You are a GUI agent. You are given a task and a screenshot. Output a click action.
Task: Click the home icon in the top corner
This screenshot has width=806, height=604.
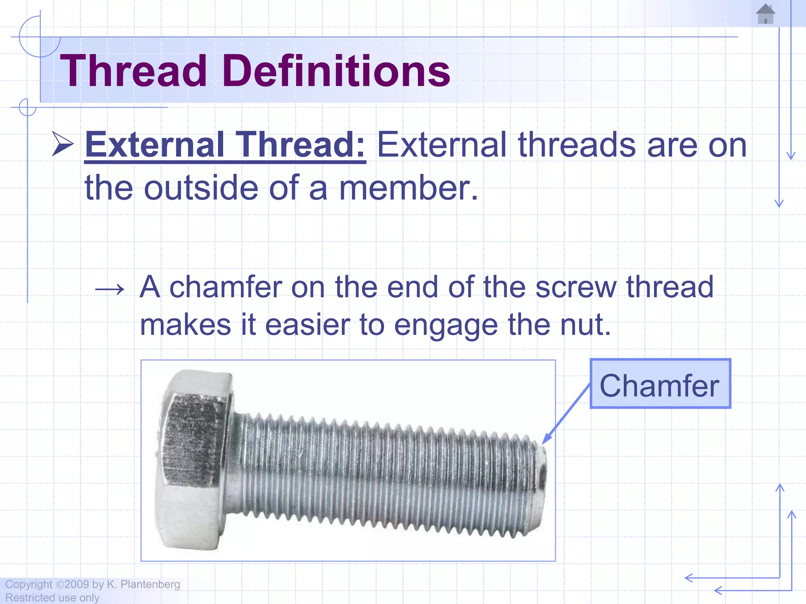pyautogui.click(x=765, y=14)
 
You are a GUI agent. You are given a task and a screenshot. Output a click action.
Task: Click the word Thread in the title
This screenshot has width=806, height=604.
pyautogui.click(x=133, y=71)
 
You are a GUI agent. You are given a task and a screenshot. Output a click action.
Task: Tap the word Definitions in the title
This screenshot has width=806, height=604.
pyautogui.click(x=336, y=71)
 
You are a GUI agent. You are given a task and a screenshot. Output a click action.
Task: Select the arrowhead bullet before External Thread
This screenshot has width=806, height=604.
pyautogui.click(x=63, y=144)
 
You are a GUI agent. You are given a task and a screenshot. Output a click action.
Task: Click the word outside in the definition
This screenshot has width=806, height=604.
pyautogui.click(x=201, y=188)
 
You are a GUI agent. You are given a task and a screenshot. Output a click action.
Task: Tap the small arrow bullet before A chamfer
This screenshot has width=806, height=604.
pyautogui.click(x=110, y=290)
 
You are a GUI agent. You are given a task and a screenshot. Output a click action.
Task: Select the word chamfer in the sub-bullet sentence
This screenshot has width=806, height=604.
pyautogui.click(x=226, y=287)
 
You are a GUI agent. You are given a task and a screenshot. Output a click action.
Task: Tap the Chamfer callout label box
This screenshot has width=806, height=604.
pyautogui.click(x=660, y=384)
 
